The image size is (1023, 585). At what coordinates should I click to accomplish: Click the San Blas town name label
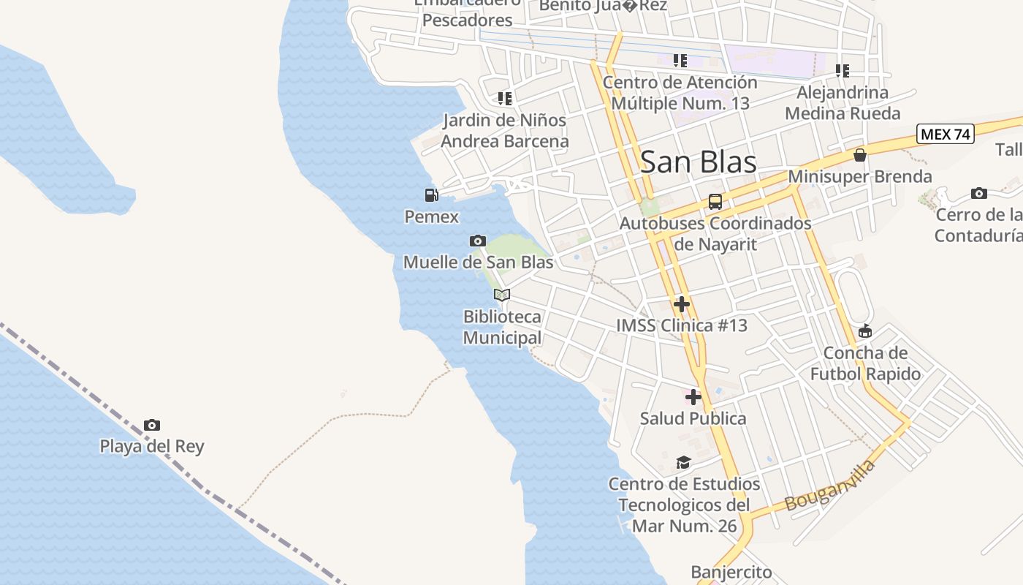pyautogui.click(x=698, y=162)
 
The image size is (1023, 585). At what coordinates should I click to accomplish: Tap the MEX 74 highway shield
pyautogui.click(x=945, y=134)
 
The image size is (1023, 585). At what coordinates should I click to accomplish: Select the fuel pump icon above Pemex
pyautogui.click(x=432, y=195)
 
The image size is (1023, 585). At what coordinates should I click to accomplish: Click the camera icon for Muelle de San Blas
pyautogui.click(x=478, y=241)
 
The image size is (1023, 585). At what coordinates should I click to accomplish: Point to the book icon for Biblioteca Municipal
pyautogui.click(x=502, y=295)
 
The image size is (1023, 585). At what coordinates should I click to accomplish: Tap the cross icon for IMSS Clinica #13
pyautogui.click(x=682, y=303)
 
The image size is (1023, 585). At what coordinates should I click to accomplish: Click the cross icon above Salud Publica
pyautogui.click(x=693, y=397)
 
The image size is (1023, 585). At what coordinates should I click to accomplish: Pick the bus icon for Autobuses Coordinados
pyautogui.click(x=715, y=202)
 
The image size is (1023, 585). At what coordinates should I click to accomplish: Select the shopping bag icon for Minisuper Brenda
pyautogui.click(x=860, y=155)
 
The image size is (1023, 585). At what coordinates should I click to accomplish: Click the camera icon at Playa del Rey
pyautogui.click(x=152, y=425)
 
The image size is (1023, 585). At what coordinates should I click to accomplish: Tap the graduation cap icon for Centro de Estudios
pyautogui.click(x=683, y=462)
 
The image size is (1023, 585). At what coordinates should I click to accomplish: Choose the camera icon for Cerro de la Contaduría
pyautogui.click(x=979, y=194)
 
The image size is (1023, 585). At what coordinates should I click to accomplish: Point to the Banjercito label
pyautogui.click(x=731, y=572)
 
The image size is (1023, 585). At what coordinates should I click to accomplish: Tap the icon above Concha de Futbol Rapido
pyautogui.click(x=865, y=331)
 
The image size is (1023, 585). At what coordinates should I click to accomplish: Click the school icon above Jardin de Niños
pyautogui.click(x=504, y=98)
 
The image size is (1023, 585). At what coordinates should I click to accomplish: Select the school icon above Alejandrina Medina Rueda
pyautogui.click(x=843, y=71)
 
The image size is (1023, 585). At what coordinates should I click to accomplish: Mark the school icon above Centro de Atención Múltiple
pyautogui.click(x=680, y=61)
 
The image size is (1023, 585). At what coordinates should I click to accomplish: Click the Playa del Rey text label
pyautogui.click(x=152, y=446)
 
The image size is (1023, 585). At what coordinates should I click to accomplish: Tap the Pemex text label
pyautogui.click(x=432, y=216)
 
